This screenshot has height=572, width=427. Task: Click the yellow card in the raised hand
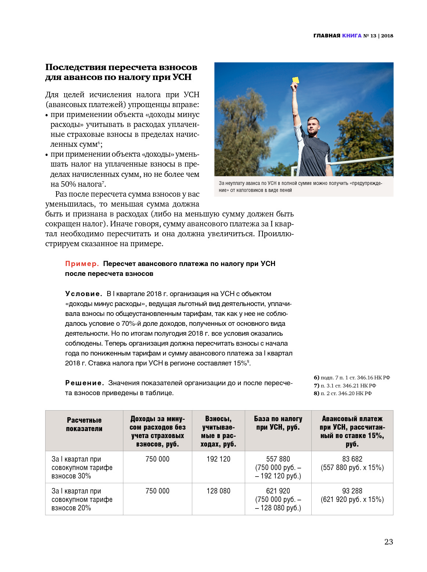295,80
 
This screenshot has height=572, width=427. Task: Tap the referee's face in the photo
312,126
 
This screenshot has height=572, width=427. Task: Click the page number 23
388,542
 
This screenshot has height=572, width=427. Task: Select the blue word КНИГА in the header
352,36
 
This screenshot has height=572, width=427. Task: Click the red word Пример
82,263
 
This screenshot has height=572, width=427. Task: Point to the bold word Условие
83,294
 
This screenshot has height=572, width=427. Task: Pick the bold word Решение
84,383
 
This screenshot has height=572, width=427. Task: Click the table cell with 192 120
218,459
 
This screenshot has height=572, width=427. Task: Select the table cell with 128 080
218,491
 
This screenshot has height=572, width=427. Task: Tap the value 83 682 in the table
352,459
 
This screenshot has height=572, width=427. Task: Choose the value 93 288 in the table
352,491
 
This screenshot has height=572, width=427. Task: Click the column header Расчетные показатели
84,425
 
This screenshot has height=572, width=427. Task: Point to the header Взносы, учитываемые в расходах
218,431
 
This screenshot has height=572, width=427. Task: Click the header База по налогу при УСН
278,423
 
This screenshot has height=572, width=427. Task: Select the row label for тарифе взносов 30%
82,467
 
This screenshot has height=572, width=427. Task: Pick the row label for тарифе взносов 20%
82,499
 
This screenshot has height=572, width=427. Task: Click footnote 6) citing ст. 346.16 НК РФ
352,378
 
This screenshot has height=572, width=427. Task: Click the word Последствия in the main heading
75,67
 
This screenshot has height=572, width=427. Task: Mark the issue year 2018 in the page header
387,36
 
